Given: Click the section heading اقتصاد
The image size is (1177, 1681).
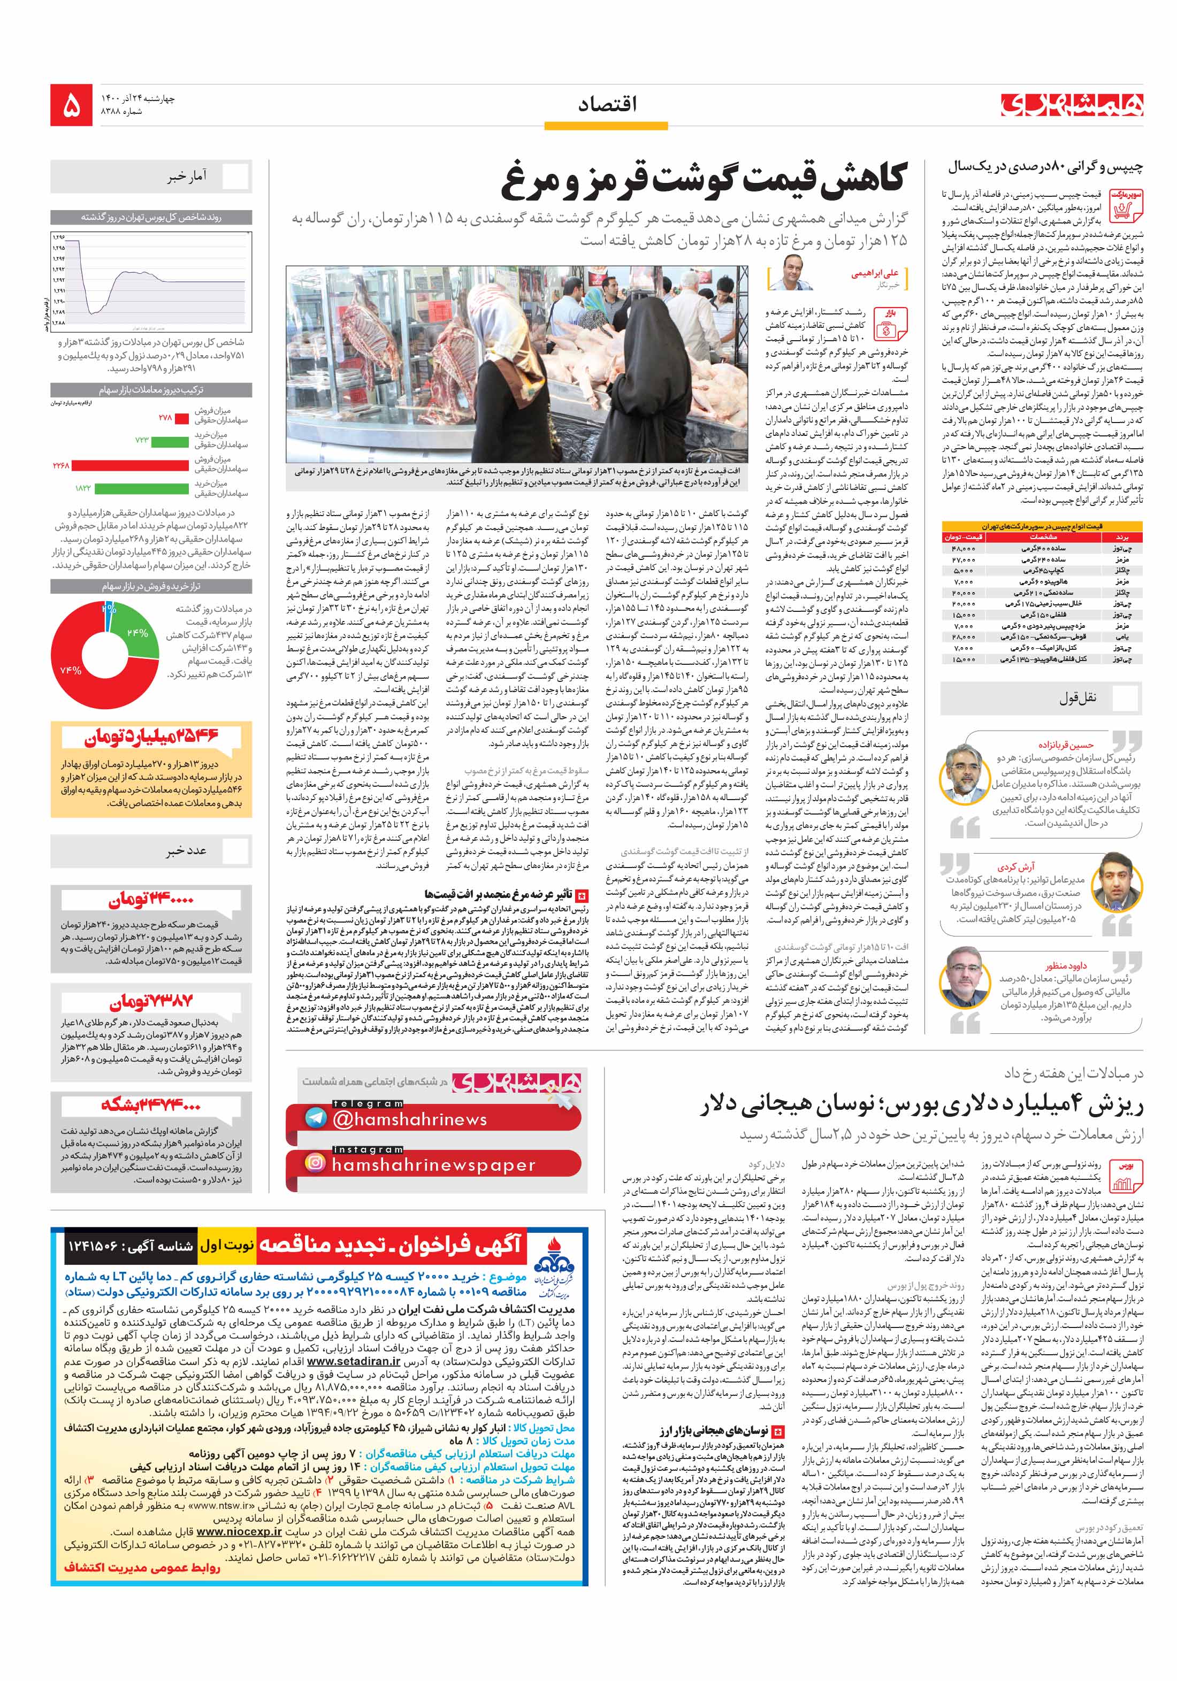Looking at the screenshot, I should (607, 105).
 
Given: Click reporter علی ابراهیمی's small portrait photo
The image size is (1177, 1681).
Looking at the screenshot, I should (794, 273).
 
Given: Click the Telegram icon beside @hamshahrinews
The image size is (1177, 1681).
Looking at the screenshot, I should (316, 1117).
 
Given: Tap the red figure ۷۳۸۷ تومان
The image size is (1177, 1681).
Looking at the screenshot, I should (151, 1002).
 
